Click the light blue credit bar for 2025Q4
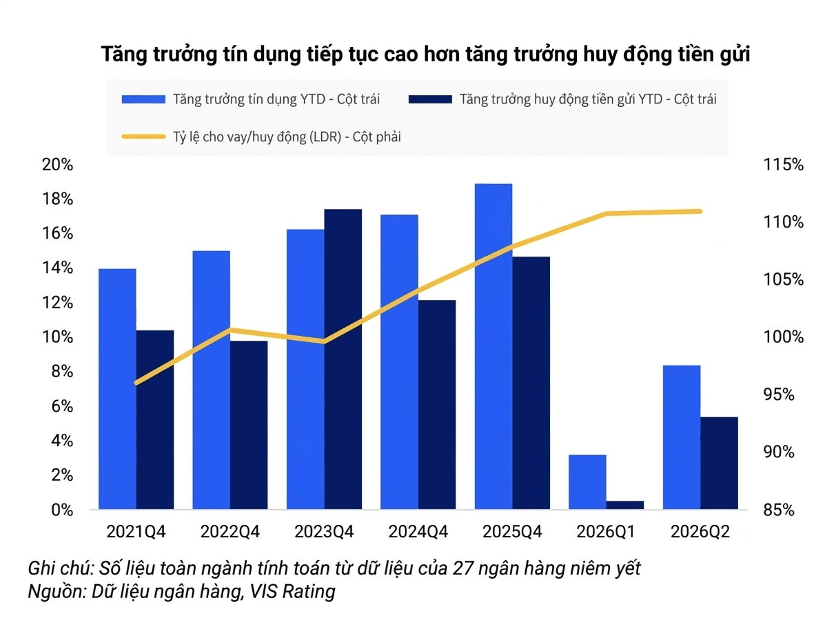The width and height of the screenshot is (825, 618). click(x=493, y=346)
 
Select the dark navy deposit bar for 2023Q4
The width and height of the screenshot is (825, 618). click(x=343, y=359)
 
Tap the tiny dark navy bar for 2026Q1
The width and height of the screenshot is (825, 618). click(x=625, y=505)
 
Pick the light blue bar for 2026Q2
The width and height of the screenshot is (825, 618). click(x=682, y=437)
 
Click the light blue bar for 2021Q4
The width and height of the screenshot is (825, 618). click(x=117, y=389)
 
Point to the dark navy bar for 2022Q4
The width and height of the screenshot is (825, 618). click(x=249, y=425)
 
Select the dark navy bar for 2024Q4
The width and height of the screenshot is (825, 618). click(x=437, y=404)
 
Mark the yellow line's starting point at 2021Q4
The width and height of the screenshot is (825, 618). click(x=136, y=383)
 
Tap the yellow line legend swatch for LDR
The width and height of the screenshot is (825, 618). click(x=143, y=137)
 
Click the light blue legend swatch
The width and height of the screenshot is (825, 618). click(x=143, y=99)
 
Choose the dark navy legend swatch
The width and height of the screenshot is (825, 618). click(x=430, y=99)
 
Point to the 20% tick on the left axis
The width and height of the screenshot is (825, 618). click(x=57, y=165)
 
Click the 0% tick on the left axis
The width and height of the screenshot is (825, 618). click(x=62, y=510)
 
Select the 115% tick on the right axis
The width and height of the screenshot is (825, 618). click(x=784, y=165)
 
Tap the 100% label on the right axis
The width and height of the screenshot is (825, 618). click(x=784, y=337)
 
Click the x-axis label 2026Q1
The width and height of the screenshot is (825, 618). click(x=606, y=532)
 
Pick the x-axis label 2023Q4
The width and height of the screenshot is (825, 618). click(x=324, y=532)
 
